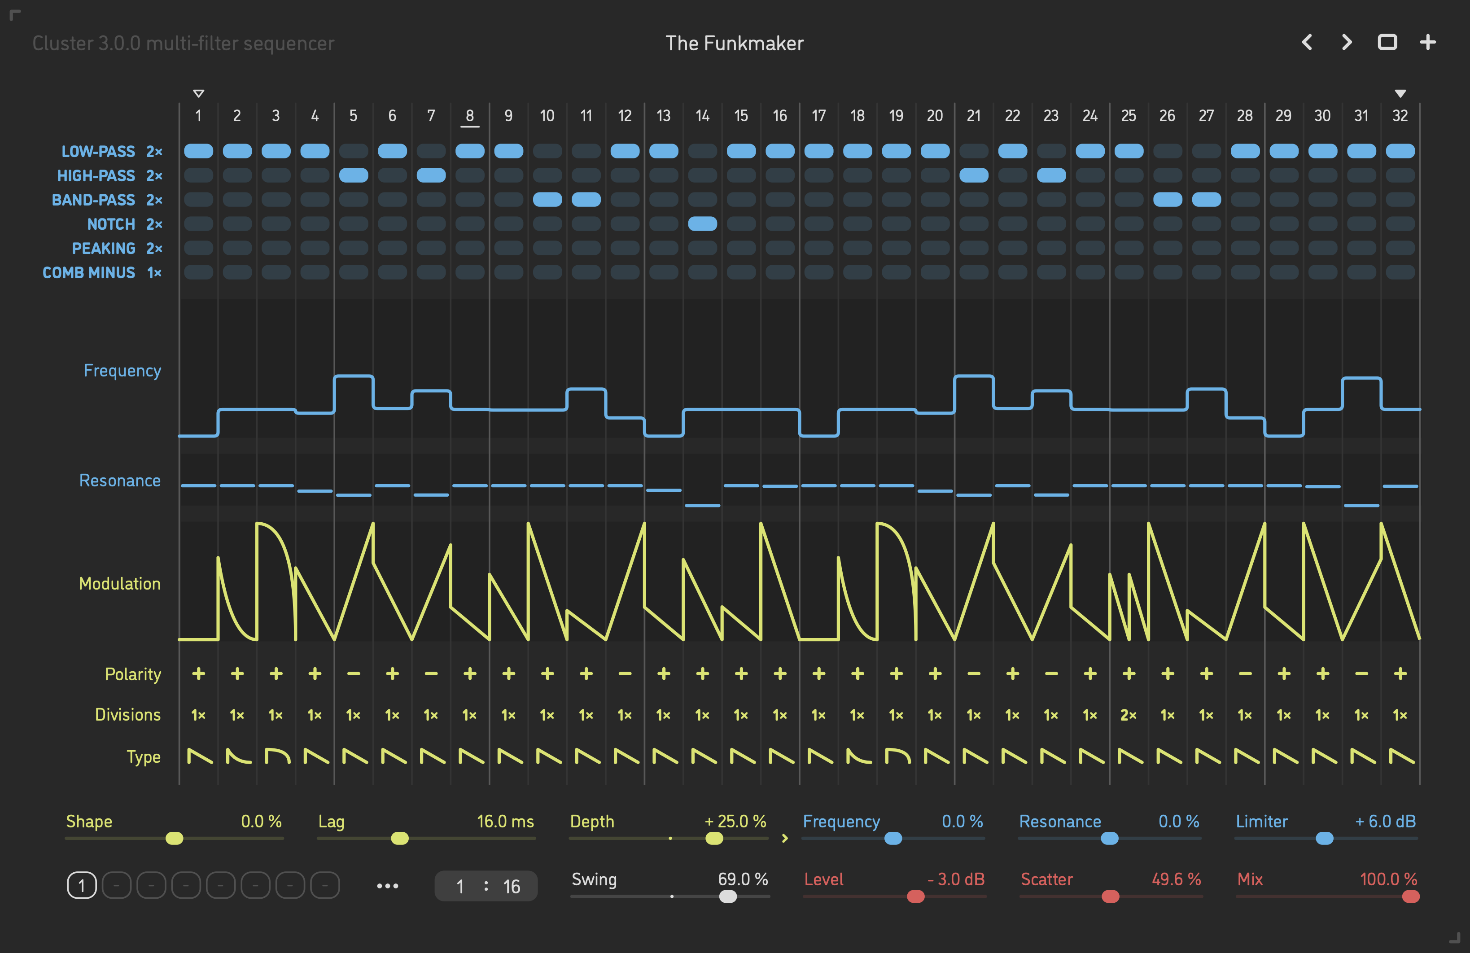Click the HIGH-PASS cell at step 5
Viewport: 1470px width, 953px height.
click(353, 175)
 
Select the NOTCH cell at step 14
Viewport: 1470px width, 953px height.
click(702, 223)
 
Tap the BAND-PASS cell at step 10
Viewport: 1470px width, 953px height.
click(547, 200)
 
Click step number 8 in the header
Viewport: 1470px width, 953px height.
click(469, 115)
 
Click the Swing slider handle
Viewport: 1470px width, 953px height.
click(728, 896)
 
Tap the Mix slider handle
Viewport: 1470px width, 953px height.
click(1411, 896)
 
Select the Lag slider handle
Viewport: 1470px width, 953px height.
click(400, 838)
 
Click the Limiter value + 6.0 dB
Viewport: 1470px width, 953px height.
click(1385, 822)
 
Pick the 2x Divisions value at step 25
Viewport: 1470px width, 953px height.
click(1129, 715)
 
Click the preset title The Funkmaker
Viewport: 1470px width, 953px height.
click(735, 43)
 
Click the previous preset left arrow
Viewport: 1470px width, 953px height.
click(1307, 42)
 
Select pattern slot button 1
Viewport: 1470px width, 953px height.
click(82, 886)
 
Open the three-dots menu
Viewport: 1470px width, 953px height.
click(387, 886)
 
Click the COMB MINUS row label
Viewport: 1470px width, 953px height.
click(88, 272)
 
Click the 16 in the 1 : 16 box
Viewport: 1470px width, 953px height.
click(512, 886)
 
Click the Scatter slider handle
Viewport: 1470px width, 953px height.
click(1110, 896)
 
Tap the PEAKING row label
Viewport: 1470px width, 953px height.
click(103, 248)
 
